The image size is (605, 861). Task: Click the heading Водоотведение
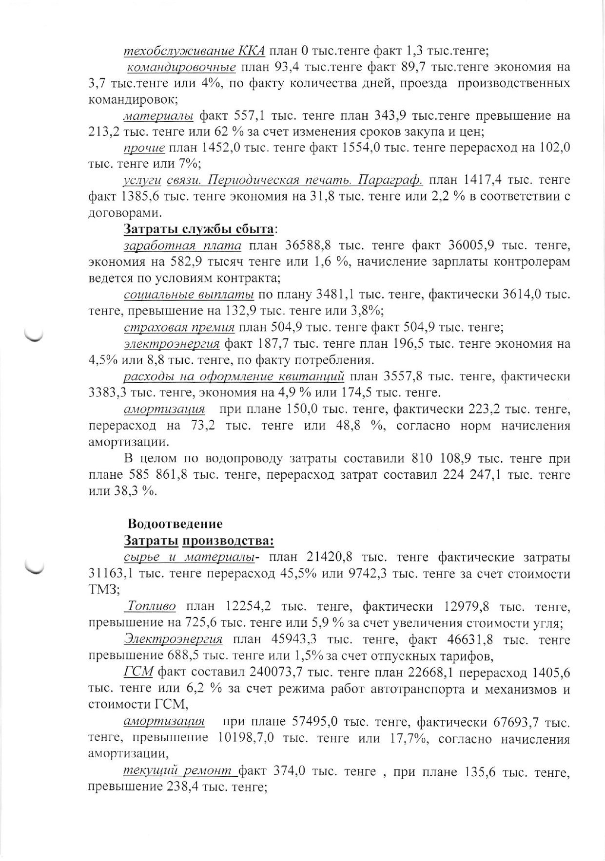click(x=175, y=524)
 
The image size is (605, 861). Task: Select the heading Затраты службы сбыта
click(x=199, y=229)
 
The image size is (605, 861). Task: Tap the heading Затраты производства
click(x=199, y=541)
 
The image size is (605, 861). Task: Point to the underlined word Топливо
click(x=150, y=606)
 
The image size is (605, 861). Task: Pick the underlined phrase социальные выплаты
click(x=189, y=295)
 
